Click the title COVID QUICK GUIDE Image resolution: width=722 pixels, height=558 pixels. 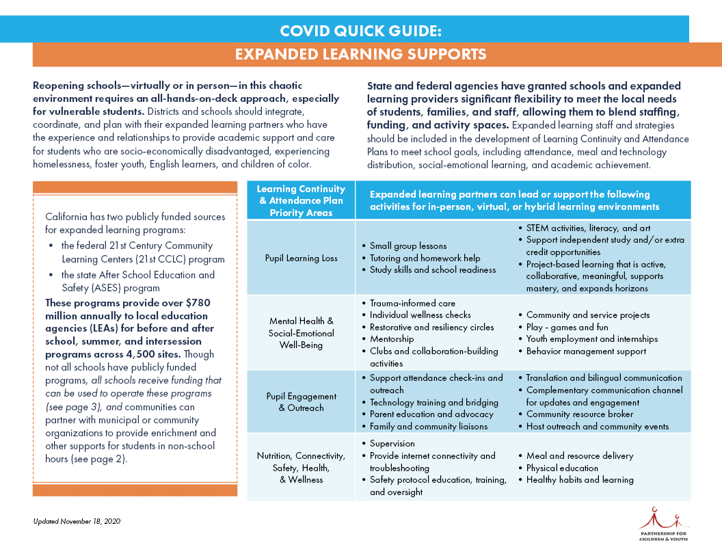coord(360,31)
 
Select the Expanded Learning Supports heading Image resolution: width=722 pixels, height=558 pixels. coord(360,55)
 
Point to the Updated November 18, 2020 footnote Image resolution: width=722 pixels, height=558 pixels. coord(77,521)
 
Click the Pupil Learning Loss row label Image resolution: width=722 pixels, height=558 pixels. coord(301,258)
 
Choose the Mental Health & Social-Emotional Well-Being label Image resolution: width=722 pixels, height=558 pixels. coord(301,333)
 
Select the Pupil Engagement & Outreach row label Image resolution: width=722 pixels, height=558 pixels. coord(301,402)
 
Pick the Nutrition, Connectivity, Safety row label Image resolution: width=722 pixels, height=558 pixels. coord(301,468)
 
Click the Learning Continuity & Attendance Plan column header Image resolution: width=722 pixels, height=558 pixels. coord(301,200)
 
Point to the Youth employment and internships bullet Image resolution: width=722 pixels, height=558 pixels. coord(591,339)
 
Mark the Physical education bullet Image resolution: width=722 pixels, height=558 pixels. coord(562,468)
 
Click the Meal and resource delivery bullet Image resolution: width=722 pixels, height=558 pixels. coord(579,456)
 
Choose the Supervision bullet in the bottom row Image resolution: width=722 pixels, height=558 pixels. coord(392,444)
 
